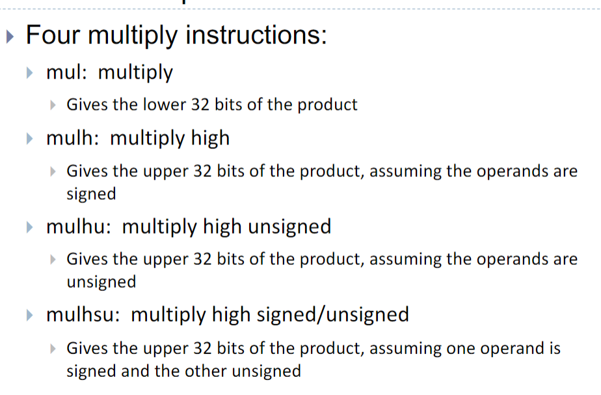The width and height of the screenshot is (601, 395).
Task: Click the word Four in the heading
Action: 53,35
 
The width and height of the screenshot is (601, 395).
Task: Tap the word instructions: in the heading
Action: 256,35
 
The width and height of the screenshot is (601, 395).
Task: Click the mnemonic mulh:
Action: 73,138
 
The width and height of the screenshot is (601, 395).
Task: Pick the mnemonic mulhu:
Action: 79,226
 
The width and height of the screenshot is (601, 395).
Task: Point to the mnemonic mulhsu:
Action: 83,314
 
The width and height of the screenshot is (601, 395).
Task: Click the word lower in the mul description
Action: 165,104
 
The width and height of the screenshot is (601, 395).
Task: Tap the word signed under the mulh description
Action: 91,194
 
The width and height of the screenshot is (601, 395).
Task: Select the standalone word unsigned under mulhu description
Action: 101,282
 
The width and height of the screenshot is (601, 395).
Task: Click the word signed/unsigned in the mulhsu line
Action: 333,315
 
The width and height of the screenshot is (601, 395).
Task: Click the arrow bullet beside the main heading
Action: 10,37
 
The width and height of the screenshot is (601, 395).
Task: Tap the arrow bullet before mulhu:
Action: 29,227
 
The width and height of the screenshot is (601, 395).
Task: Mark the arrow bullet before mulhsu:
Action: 29,316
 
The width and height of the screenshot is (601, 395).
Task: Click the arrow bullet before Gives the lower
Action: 53,105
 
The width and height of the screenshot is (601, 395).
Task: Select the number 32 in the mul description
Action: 200,105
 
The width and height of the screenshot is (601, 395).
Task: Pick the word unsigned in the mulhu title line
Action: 289,226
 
